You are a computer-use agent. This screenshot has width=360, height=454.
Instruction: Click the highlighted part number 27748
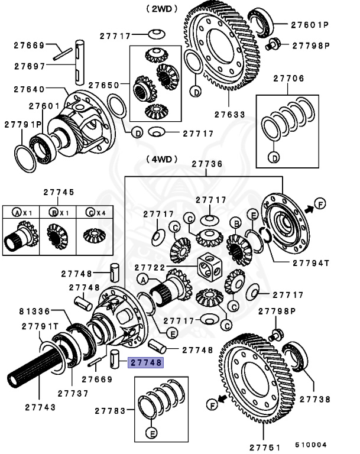[x=145, y=363]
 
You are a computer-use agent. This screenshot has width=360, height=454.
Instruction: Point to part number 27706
[x=288, y=78]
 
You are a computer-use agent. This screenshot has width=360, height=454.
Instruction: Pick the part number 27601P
[x=310, y=25]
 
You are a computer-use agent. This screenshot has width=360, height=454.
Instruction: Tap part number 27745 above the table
[x=59, y=192]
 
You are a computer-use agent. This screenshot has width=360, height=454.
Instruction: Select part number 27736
[x=206, y=164]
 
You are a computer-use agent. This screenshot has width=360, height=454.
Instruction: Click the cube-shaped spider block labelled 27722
[x=211, y=267]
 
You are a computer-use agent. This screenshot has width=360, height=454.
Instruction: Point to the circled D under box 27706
[x=274, y=157]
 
